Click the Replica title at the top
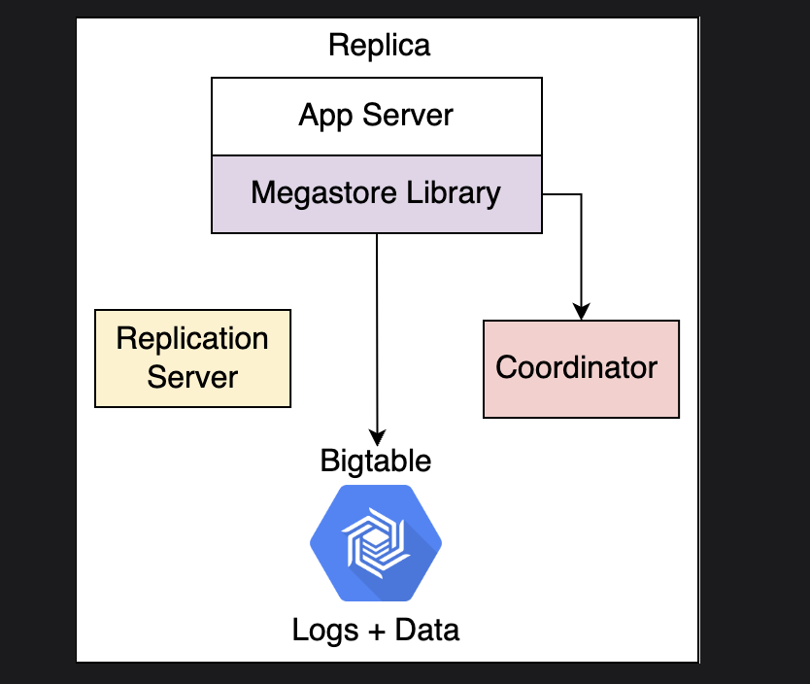[x=379, y=46]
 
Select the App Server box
[x=377, y=117]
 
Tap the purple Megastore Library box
[x=377, y=194]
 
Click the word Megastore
[x=323, y=193]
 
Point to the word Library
[x=454, y=193]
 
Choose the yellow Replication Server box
[x=192, y=359]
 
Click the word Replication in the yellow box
[x=192, y=339]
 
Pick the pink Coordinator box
[x=581, y=369]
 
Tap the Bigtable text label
[x=376, y=461]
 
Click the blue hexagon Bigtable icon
[x=376, y=543]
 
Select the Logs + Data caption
[x=376, y=631]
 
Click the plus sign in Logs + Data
[x=377, y=632]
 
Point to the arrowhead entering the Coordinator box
[x=582, y=312]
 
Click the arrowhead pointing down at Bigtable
[x=377, y=437]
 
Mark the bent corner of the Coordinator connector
[x=582, y=194]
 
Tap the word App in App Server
[x=325, y=116]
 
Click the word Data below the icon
[x=427, y=631]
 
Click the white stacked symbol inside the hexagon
[x=376, y=543]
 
